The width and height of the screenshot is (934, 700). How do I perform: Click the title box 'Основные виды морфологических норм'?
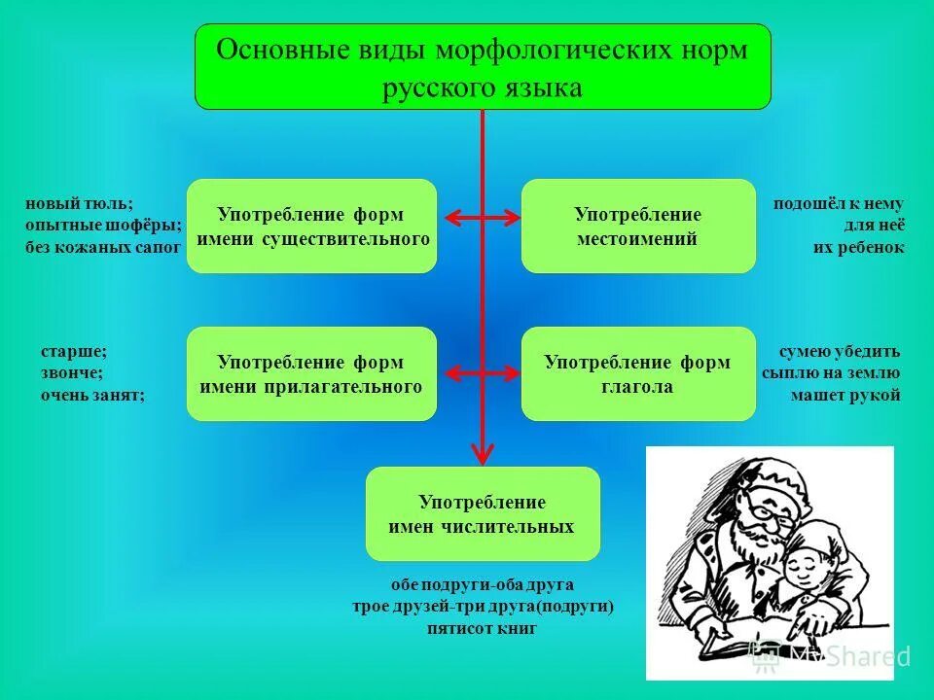(483, 67)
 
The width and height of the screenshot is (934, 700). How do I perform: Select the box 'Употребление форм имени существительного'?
(311, 226)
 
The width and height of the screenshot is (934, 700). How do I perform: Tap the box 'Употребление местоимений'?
(638, 226)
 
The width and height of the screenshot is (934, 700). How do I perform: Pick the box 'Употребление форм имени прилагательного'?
(311, 373)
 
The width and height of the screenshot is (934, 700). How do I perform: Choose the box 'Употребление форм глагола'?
(638, 373)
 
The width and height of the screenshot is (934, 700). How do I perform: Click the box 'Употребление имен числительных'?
(483, 513)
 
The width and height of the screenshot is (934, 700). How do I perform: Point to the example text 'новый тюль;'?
(79, 204)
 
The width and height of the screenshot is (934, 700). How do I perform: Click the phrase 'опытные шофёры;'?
(103, 226)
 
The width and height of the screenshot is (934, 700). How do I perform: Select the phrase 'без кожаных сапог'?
(103, 247)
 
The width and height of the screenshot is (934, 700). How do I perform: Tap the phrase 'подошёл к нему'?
(838, 204)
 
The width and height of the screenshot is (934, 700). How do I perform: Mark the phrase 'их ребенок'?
(858, 247)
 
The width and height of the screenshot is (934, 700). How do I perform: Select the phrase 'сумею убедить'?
(840, 352)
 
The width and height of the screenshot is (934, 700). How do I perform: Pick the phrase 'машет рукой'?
(844, 395)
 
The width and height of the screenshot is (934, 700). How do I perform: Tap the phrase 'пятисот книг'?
(482, 628)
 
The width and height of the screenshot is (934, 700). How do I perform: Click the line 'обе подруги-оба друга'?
(482, 585)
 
